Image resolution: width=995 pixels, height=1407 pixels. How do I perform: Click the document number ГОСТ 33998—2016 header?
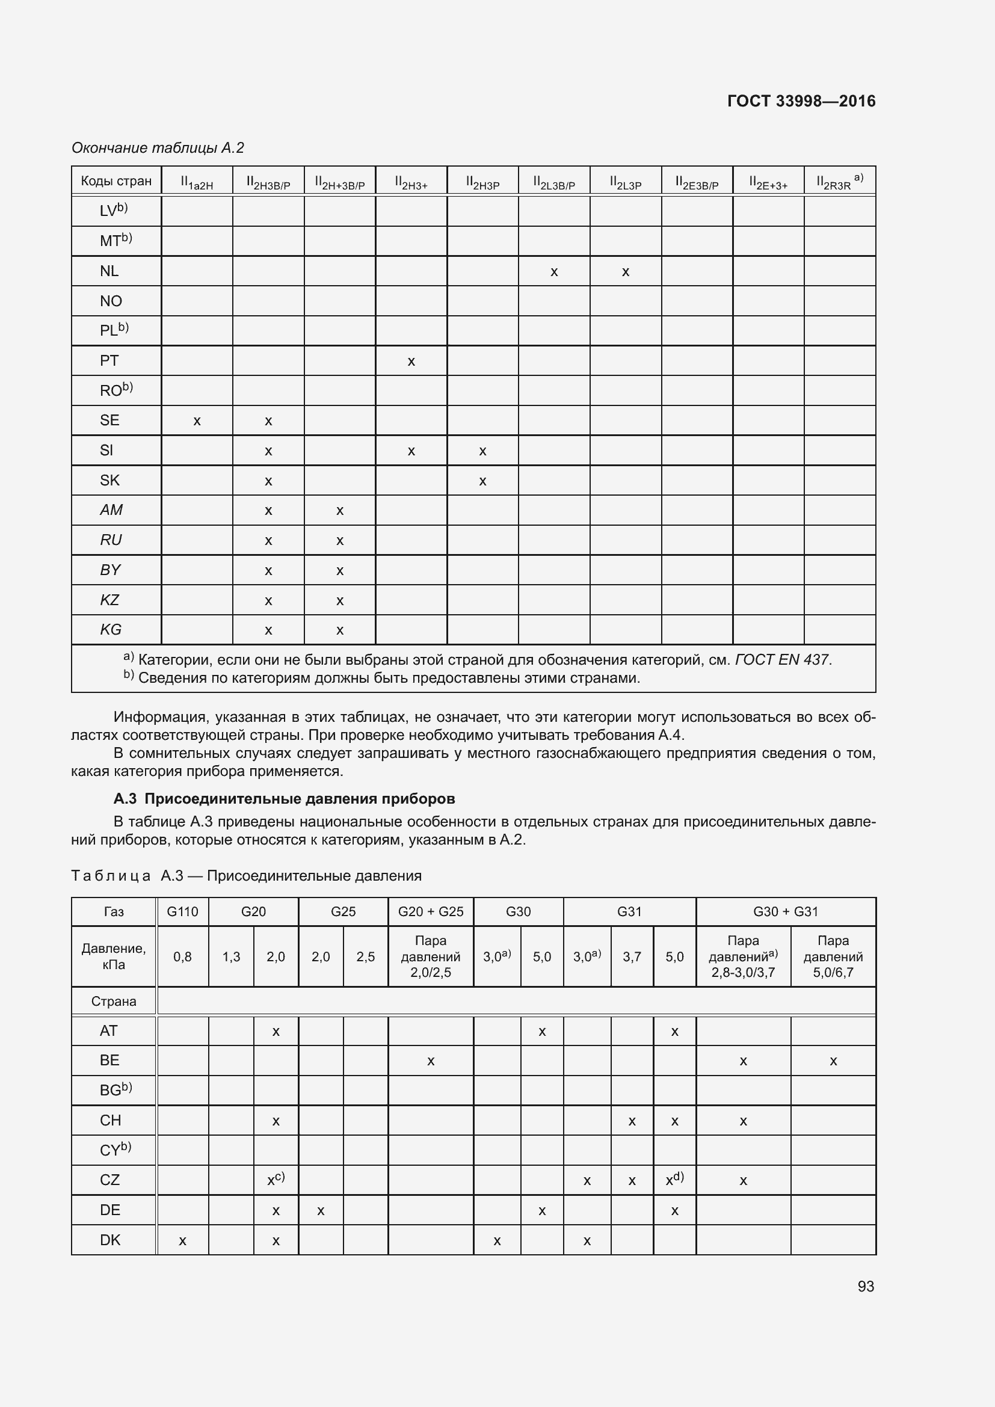(x=801, y=101)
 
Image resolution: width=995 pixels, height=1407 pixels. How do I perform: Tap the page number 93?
(x=866, y=1286)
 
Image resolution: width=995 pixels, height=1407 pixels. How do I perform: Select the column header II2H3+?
(x=411, y=182)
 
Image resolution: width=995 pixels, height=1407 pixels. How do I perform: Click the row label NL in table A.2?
(x=109, y=271)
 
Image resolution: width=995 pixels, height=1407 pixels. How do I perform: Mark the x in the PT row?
(x=411, y=362)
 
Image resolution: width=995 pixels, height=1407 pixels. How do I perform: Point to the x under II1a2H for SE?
(x=197, y=421)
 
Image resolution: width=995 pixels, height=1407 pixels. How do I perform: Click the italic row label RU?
(x=111, y=540)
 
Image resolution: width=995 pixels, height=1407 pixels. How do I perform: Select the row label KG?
(x=111, y=629)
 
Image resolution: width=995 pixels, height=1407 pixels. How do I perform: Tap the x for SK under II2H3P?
(x=483, y=481)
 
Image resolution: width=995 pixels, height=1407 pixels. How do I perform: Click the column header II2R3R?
(x=839, y=182)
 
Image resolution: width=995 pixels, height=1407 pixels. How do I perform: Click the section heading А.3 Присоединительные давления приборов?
(x=285, y=798)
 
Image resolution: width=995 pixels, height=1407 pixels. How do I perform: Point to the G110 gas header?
(x=183, y=911)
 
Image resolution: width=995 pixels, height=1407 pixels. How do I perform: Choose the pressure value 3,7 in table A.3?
(x=632, y=956)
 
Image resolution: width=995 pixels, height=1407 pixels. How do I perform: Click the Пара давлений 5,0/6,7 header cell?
(x=833, y=956)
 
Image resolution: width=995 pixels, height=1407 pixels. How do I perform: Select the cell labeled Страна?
(x=114, y=1002)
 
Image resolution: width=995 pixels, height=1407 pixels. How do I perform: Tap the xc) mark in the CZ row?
(x=276, y=1180)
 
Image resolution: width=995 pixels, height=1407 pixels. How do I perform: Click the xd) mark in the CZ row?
(x=674, y=1180)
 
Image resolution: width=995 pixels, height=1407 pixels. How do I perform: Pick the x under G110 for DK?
(x=183, y=1241)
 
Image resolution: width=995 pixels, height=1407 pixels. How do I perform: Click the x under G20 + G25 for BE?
(x=431, y=1061)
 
